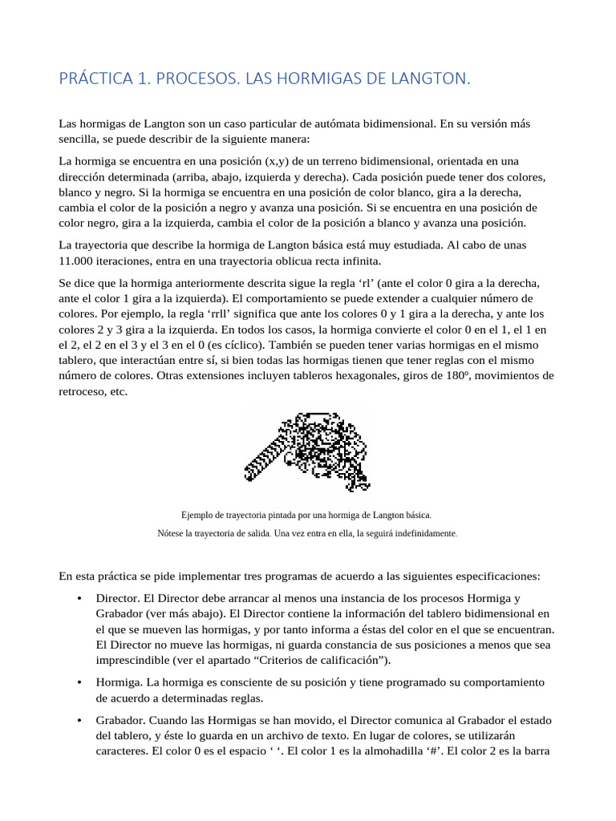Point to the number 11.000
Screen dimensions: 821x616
tap(78, 261)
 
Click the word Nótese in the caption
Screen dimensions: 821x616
tap(172, 533)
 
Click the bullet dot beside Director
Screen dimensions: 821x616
tap(79, 599)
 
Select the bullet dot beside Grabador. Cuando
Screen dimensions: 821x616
tap(79, 721)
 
